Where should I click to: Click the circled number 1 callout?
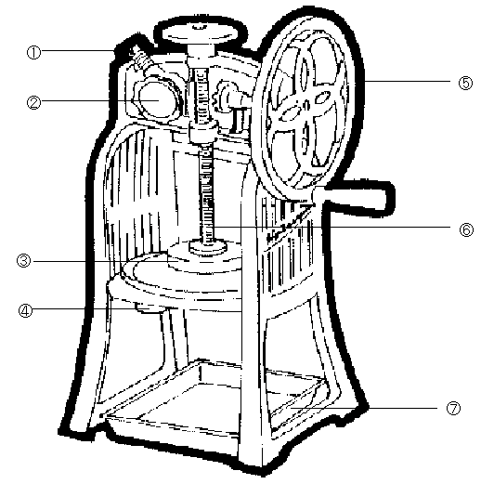click(33, 52)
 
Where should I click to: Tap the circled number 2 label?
click(33, 102)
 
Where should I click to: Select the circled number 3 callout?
click(24, 261)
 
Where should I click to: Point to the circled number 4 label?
click(25, 310)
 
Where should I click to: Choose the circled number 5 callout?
click(465, 84)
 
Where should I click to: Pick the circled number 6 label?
click(466, 229)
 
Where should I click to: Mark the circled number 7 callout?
click(453, 409)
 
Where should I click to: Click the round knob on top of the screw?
click(201, 33)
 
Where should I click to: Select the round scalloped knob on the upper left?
click(156, 99)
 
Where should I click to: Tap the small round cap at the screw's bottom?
click(208, 246)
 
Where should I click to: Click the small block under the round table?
click(150, 307)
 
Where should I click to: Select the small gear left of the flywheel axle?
click(224, 98)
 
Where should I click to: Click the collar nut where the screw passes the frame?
click(203, 131)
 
